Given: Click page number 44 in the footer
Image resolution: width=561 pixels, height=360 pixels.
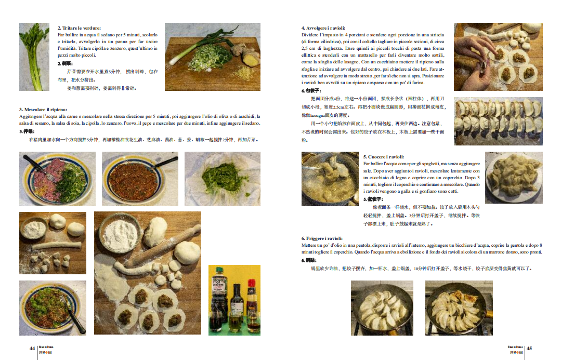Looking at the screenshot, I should pos(32,348).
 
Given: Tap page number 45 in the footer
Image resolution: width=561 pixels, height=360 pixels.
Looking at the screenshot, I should pos(530,348).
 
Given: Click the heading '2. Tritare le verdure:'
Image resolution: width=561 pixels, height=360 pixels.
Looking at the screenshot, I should pos(79,28).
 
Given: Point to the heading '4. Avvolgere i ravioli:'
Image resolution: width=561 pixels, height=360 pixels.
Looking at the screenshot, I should pos(323,28).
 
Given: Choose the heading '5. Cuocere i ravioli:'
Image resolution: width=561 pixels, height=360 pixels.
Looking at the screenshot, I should pos(384,157).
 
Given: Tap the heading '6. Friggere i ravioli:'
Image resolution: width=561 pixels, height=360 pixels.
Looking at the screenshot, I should pos(322,238).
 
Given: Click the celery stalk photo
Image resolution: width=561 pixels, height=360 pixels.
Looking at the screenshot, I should pos(34,57).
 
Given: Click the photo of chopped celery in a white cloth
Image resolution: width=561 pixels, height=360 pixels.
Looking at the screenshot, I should pos(222,178).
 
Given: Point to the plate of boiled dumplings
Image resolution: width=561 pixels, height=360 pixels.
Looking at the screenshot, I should pos(514,177).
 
